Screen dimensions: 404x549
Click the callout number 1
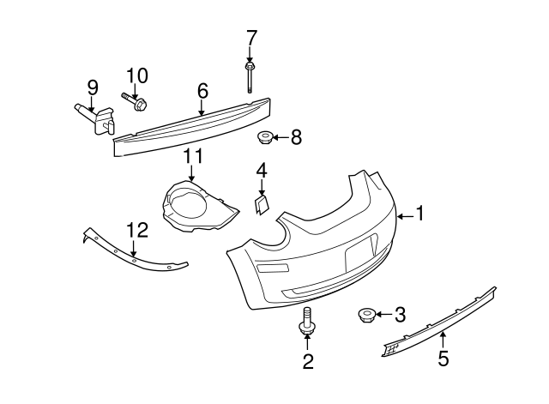[420, 214]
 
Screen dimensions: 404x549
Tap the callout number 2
[307, 361]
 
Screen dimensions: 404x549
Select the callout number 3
[400, 316]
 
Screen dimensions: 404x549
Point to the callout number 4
[262, 171]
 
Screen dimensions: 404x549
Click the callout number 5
[443, 358]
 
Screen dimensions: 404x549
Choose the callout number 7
[250, 38]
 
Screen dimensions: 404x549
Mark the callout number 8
[296, 136]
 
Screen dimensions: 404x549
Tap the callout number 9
[93, 87]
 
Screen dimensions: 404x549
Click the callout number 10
[137, 75]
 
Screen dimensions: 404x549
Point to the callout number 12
[136, 230]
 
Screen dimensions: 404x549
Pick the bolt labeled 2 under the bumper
[306, 324]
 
